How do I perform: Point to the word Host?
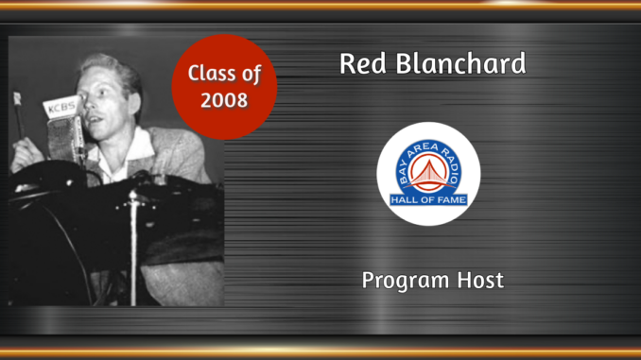click(x=480, y=281)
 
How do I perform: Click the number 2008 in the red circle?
click(x=224, y=99)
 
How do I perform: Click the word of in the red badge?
click(x=249, y=74)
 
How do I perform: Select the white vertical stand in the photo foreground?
click(x=133, y=246)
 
